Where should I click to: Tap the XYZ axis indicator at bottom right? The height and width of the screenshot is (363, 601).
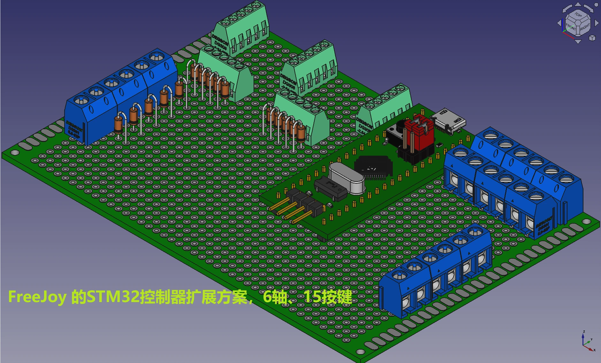pos(586,341)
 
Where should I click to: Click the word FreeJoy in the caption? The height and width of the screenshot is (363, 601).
pos(36,298)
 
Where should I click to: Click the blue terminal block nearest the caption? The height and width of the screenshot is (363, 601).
pos(436,274)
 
